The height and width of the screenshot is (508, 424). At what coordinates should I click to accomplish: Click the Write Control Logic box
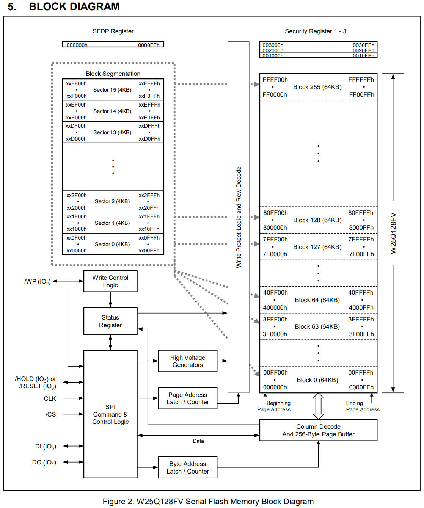(x=110, y=281)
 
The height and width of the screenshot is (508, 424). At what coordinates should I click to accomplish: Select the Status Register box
(x=110, y=321)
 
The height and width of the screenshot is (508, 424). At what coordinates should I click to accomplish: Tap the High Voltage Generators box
(x=188, y=361)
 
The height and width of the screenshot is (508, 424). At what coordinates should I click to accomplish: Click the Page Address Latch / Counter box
(x=188, y=398)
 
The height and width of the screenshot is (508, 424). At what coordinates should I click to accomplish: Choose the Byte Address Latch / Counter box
(x=188, y=467)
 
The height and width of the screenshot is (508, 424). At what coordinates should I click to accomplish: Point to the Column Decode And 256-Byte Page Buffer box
(x=318, y=430)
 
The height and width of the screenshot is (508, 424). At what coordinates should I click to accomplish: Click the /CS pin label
(x=50, y=414)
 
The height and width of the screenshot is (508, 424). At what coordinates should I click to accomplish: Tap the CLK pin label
(x=50, y=398)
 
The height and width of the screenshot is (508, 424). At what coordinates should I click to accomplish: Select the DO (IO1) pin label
(x=44, y=463)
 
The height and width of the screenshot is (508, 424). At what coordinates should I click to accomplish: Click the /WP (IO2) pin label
(x=38, y=282)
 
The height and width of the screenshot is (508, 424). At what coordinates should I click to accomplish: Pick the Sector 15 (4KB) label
(x=112, y=90)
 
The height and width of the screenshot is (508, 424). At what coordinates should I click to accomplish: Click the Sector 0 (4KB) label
(x=112, y=244)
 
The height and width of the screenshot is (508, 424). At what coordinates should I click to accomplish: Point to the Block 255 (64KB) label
(x=317, y=87)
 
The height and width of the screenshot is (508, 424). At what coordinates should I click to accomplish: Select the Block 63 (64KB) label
(x=317, y=326)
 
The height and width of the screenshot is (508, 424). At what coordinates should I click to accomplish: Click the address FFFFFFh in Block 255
(x=361, y=80)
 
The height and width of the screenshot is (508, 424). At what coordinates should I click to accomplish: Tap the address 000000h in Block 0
(x=275, y=387)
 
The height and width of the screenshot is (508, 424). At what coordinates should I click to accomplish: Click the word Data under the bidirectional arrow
(x=198, y=441)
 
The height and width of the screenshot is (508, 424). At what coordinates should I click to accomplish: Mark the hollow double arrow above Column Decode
(x=318, y=406)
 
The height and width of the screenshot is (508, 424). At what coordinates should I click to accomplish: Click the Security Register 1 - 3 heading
(x=316, y=31)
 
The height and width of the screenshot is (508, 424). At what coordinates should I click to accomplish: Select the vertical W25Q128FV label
(x=393, y=233)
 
